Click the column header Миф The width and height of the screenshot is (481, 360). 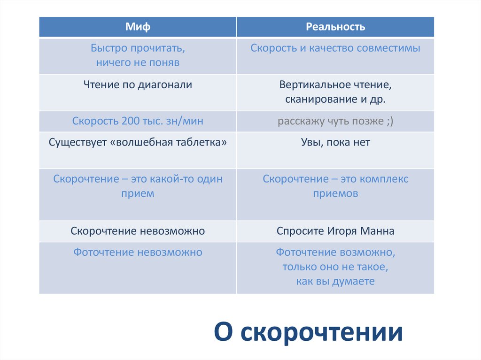138,27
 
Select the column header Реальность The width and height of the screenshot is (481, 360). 335,27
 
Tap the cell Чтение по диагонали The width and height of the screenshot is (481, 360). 138,85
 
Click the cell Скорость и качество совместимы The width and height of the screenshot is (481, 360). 335,48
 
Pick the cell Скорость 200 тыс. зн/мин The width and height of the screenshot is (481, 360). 138,121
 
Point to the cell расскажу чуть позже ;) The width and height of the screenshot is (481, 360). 335,121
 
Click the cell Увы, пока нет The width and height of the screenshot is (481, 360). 335,142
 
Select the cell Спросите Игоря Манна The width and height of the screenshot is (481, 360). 335,231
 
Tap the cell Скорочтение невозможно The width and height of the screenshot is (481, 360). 138,231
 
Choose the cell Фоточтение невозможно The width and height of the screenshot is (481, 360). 138,253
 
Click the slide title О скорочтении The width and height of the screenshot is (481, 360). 309,332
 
